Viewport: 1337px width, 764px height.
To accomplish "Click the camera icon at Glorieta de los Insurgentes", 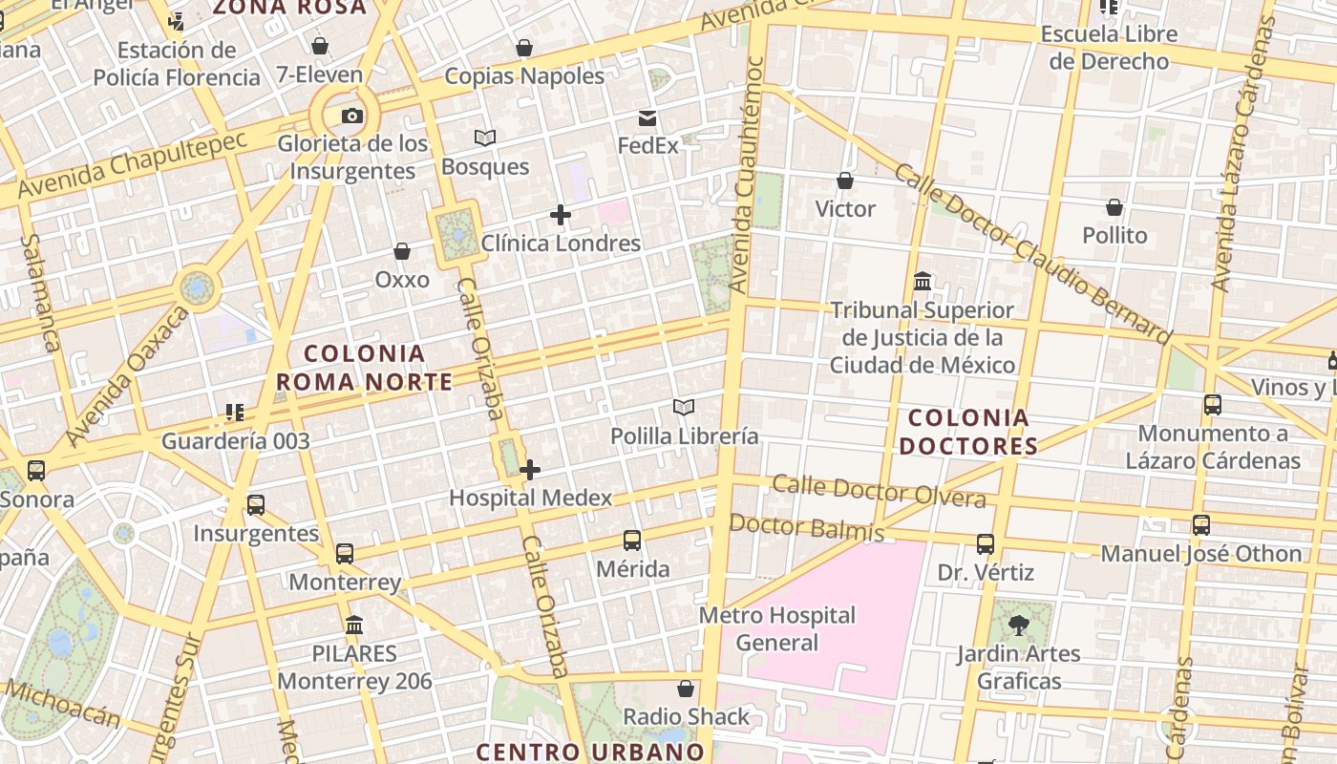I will (352, 117).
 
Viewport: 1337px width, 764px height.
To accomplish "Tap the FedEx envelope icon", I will (647, 118).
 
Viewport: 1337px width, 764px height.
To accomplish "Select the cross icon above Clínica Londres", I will (561, 215).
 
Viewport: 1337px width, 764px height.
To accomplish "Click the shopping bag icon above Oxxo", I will (402, 251).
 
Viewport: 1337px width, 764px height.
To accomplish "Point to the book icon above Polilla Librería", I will (684, 408).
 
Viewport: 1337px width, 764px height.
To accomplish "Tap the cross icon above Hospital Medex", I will (530, 470).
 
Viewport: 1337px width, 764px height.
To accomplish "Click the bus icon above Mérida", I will (632, 541).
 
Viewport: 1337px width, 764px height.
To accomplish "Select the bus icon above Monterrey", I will (345, 553).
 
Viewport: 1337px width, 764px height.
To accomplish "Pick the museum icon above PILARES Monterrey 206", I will (354, 626).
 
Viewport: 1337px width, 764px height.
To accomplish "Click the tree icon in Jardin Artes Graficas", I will (1019, 626).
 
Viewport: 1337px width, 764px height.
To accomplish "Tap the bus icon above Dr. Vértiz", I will (986, 544).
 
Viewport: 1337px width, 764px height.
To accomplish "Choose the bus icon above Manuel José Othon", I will (1201, 525).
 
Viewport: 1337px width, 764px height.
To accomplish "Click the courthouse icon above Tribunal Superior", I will (923, 282).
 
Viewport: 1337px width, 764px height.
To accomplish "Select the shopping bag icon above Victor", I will (845, 180).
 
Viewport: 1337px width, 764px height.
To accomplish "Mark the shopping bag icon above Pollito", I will (1114, 207).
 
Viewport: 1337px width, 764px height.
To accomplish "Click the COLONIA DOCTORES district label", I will (968, 432).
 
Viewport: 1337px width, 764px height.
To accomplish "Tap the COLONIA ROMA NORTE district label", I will (364, 368).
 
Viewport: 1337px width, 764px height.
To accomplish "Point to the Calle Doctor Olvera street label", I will (879, 491).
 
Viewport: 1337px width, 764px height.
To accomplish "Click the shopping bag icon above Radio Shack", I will (686, 689).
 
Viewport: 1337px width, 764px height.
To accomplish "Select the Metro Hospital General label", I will (777, 628).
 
